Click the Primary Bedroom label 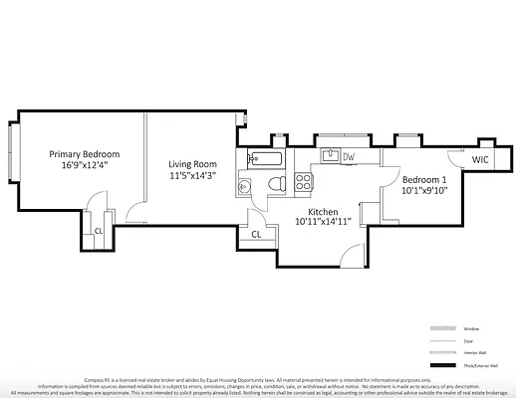(x=86, y=154)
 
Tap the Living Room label (x=192, y=164)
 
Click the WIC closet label (x=480, y=159)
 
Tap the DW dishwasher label (x=349, y=157)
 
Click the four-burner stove (x=305, y=182)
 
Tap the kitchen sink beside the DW (x=328, y=156)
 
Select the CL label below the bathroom (x=256, y=235)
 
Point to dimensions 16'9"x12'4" (x=86, y=166)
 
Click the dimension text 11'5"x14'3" (x=192, y=176)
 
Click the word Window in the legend (x=472, y=328)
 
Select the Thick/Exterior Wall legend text (x=480, y=366)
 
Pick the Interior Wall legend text (x=475, y=353)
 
